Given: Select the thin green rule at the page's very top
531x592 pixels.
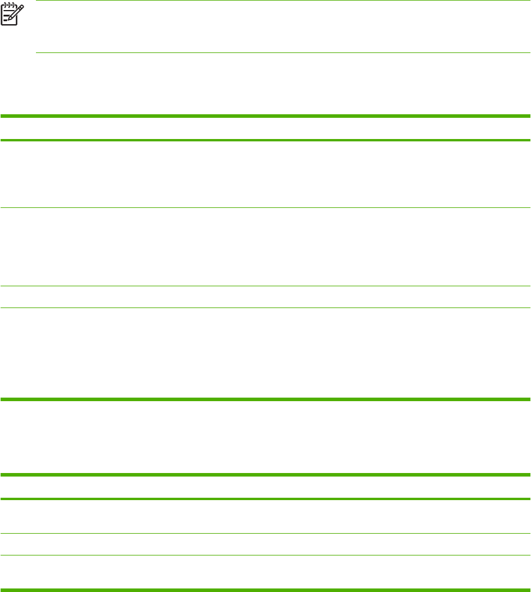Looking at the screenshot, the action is (x=283, y=1).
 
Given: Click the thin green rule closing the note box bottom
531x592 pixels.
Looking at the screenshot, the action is (x=283, y=53).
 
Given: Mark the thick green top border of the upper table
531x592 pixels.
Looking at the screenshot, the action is (x=265, y=116).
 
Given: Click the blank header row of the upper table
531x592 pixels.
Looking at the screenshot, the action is (x=265, y=128).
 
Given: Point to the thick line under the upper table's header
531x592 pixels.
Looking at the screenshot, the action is (x=265, y=140).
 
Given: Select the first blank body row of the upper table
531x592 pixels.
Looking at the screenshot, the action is (x=265, y=174).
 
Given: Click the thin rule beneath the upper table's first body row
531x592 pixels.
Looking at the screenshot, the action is (x=265, y=207).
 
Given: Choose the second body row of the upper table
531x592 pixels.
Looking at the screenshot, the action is (x=265, y=247).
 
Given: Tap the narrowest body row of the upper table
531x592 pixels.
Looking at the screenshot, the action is (x=265, y=297).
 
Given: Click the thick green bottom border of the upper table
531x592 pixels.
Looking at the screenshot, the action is (x=265, y=400).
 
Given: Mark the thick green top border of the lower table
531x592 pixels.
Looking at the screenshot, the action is (x=265, y=474).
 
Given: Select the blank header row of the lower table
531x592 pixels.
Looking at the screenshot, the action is (x=265, y=487).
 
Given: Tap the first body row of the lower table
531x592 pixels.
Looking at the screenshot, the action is (x=265, y=516).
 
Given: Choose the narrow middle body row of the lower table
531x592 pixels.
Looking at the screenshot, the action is (x=265, y=544).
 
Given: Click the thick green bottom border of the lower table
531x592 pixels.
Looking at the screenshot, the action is (x=265, y=590).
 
